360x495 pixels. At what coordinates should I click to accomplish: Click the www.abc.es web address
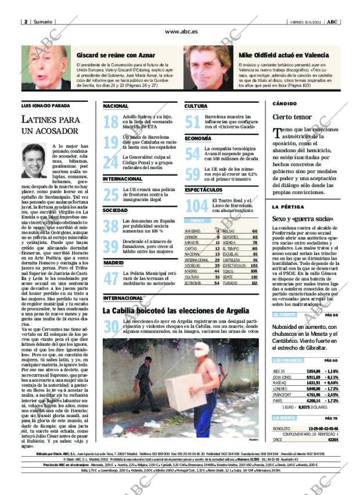[181, 32]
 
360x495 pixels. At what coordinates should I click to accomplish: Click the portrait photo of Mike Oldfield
[211, 67]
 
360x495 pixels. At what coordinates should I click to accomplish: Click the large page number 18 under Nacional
[110, 121]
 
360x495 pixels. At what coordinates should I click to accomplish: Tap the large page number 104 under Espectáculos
[196, 205]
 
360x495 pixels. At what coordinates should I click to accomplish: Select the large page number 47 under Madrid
[110, 278]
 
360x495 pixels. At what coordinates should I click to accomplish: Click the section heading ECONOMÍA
[198, 138]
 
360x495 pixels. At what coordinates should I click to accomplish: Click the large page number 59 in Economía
[192, 173]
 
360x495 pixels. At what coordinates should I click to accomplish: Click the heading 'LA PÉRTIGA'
[288, 207]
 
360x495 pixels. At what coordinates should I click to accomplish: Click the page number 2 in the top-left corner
[26, 21]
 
